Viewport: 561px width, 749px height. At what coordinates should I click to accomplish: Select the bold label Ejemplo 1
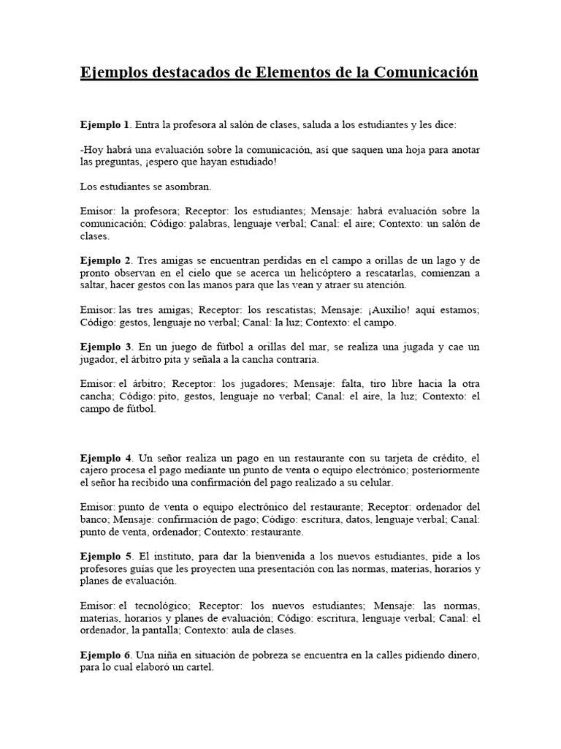click(104, 125)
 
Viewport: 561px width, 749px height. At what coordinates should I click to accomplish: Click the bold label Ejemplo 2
click(105, 260)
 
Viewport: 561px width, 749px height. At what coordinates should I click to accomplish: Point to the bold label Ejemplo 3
click(105, 346)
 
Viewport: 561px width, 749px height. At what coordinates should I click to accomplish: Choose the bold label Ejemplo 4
click(105, 458)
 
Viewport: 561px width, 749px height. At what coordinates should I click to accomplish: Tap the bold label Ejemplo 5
click(105, 557)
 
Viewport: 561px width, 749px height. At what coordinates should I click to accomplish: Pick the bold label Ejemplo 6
click(105, 655)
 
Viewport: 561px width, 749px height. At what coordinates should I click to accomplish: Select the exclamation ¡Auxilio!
click(408, 310)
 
